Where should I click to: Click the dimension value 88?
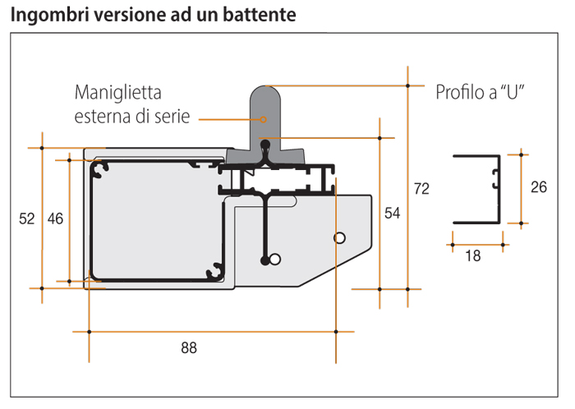189,347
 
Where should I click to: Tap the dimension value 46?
56,218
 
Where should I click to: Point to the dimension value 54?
393,214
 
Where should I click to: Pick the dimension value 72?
421,189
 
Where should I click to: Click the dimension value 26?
539,187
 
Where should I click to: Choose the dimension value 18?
473,255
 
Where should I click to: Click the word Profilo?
461,91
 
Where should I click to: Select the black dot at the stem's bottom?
264,260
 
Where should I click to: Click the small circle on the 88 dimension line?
338,238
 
